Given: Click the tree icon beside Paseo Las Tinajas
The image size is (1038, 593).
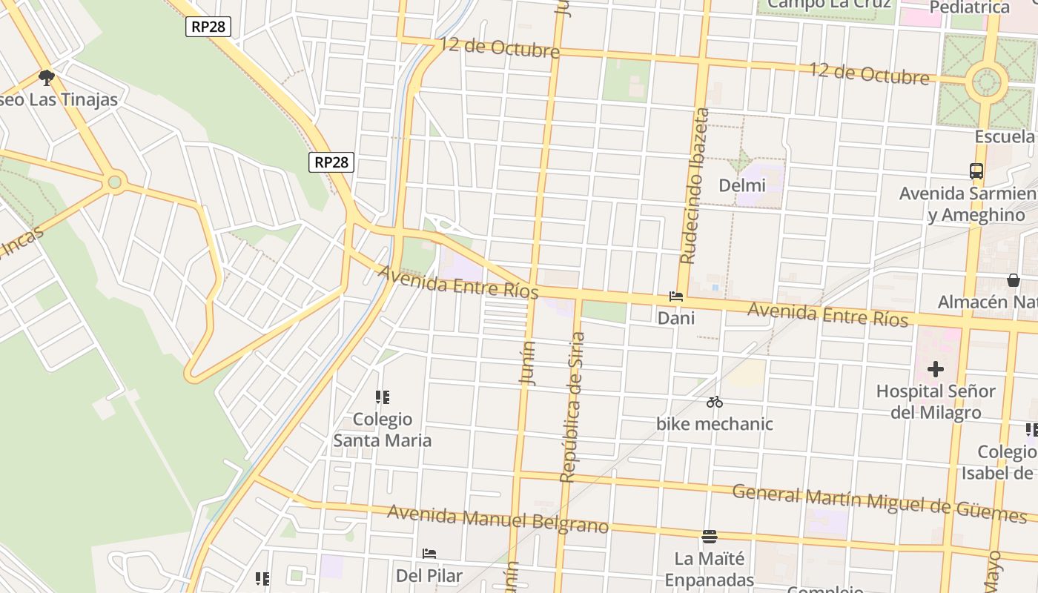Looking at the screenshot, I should (46, 77).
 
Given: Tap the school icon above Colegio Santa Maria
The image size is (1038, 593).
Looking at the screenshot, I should (383, 398).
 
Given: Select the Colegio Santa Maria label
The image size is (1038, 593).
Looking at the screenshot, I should (382, 430).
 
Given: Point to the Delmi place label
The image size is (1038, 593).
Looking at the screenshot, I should (742, 185).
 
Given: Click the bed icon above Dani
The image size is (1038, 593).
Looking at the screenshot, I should (676, 296).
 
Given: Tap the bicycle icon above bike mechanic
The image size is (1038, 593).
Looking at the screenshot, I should (715, 402).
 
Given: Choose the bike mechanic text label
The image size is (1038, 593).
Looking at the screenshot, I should (715, 424).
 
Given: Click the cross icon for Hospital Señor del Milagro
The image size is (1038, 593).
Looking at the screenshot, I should (936, 368).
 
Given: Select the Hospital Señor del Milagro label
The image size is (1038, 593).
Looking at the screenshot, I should (936, 401).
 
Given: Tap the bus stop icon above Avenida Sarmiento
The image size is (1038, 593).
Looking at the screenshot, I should (976, 171).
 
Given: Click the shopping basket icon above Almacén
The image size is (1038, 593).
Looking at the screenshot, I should (1014, 280).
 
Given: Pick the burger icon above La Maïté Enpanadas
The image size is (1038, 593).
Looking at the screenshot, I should (710, 536).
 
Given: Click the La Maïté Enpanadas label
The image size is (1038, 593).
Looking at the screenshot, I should (710, 569).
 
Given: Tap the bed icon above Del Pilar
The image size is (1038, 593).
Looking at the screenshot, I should (429, 554).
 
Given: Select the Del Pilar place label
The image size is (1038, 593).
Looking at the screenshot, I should (429, 576).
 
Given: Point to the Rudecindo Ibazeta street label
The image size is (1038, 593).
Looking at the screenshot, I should (696, 186).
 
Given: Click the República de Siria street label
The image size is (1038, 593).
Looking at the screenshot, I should (573, 408).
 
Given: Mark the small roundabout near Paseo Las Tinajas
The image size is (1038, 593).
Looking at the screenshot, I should (114, 182).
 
